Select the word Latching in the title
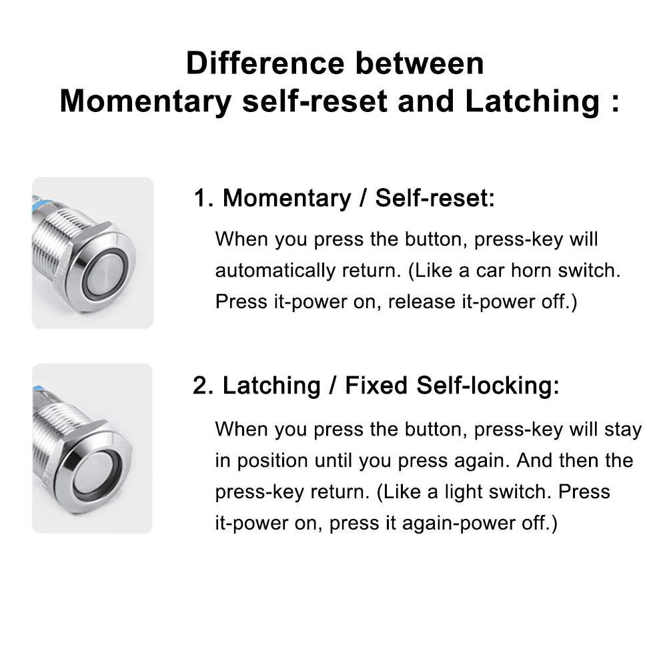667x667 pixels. tap(532, 102)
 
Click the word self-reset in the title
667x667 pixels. tap(315, 101)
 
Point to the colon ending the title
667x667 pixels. tap(615, 103)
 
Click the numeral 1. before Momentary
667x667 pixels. tap(203, 198)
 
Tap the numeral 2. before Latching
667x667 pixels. tap(203, 386)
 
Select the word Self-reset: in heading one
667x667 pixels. tap(435, 198)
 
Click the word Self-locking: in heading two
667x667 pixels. tap(488, 386)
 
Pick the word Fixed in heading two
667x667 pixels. tap(376, 386)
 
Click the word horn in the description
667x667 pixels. tap(530, 270)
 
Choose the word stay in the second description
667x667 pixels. tap(623, 430)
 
